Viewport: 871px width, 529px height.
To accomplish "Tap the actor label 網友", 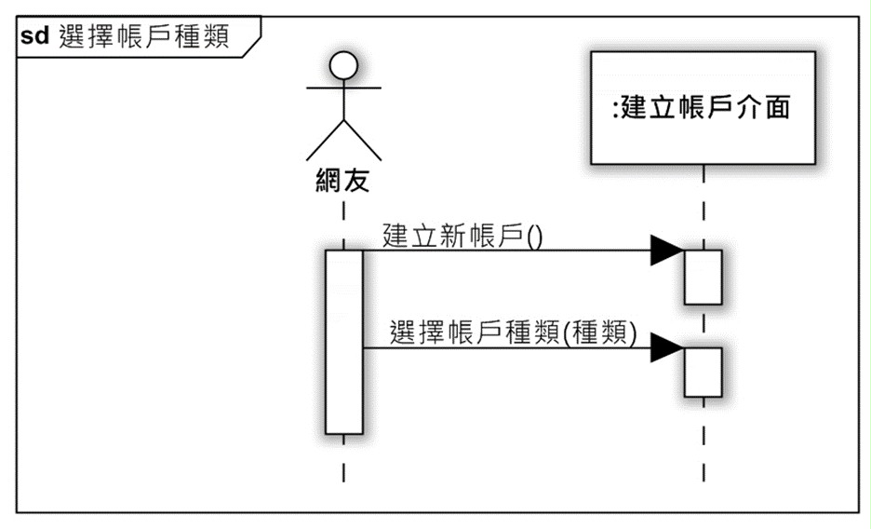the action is click(x=342, y=180).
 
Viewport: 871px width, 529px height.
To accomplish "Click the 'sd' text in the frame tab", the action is click(x=34, y=36).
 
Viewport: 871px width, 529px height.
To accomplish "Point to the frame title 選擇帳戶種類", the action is click(x=144, y=36).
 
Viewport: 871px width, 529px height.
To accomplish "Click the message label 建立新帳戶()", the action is click(x=462, y=236).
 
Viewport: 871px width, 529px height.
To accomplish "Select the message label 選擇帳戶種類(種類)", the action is click(x=513, y=332).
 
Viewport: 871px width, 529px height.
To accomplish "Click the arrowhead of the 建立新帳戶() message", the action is click(x=667, y=250).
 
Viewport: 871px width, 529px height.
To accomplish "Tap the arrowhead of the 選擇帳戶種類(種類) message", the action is click(x=667, y=347).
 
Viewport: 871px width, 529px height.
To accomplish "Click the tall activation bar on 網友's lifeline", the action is click(x=344, y=342).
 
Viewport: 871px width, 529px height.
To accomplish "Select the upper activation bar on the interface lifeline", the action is click(x=703, y=278).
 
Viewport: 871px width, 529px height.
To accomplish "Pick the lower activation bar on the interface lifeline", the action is click(x=703, y=373).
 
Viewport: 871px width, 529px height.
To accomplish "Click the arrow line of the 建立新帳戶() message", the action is click(x=523, y=250).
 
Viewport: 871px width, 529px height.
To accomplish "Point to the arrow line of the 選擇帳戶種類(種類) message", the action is click(x=523, y=348).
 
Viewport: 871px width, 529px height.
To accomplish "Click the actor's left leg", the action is click(x=325, y=140).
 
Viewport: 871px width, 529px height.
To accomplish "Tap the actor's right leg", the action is click(x=363, y=140).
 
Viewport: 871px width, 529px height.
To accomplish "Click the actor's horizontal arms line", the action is click(x=344, y=88).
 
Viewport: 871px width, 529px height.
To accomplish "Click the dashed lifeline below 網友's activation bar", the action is click(x=344, y=458).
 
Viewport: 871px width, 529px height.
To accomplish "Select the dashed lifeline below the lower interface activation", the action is click(x=703, y=439).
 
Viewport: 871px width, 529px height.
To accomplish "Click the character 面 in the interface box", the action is click(x=777, y=107).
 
